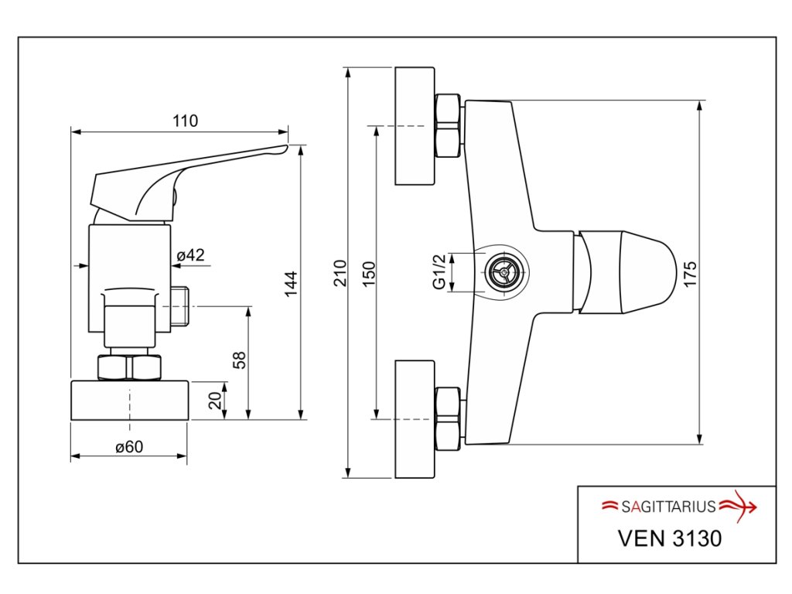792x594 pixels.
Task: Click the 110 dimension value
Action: tap(186, 121)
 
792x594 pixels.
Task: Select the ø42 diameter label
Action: tap(190, 255)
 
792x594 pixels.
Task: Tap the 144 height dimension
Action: tap(291, 285)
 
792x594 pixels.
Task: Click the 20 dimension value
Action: tap(215, 401)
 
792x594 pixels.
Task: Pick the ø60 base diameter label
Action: tap(129, 447)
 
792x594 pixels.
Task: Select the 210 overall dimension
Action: tap(340, 273)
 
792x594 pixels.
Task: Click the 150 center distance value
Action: tap(370, 274)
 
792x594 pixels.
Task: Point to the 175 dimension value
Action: tap(690, 275)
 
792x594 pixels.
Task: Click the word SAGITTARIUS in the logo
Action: tap(668, 507)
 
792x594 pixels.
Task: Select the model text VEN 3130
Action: tap(670, 538)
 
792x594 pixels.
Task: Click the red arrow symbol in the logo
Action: tap(738, 506)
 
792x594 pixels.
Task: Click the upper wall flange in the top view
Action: tap(415, 126)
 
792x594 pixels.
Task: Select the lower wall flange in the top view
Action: tap(415, 419)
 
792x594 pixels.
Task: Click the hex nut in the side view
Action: tap(129, 367)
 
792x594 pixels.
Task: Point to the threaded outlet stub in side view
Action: tap(179, 306)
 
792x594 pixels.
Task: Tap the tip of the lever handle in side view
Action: tap(286, 147)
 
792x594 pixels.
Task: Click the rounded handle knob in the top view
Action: tap(626, 273)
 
